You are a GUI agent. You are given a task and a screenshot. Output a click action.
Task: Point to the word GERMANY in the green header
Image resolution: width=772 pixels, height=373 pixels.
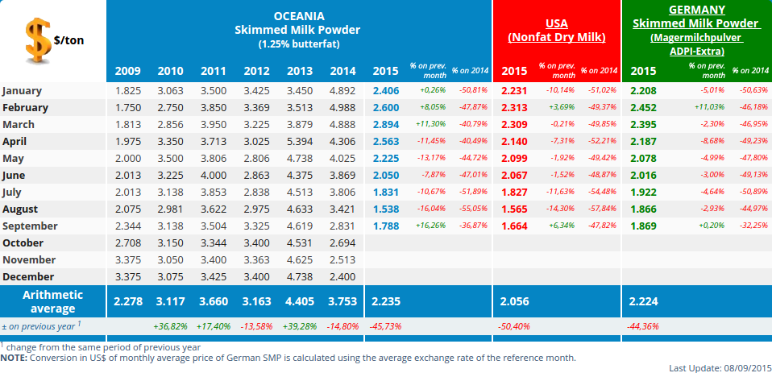pos(696,10)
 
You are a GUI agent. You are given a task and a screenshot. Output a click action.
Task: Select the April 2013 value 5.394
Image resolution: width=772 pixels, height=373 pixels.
pos(300,141)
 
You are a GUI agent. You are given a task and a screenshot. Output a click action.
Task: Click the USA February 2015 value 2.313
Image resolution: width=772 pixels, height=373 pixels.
pos(514,107)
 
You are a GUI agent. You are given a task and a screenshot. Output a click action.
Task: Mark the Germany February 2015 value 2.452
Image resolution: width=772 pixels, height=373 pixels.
pos(643,107)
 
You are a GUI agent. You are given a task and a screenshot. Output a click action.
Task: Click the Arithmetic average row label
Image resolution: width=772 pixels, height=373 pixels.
pos(53,301)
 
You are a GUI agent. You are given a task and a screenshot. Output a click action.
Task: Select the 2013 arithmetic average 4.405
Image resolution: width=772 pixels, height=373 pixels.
pos(300,301)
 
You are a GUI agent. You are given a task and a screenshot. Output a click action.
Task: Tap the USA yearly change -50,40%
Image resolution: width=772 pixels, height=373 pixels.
pos(514,326)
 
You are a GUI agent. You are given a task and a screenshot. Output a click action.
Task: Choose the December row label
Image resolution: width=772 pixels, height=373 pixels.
pos(29,276)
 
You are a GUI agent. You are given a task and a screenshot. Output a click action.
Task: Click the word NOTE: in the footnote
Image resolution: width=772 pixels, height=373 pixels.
pos(14,357)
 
